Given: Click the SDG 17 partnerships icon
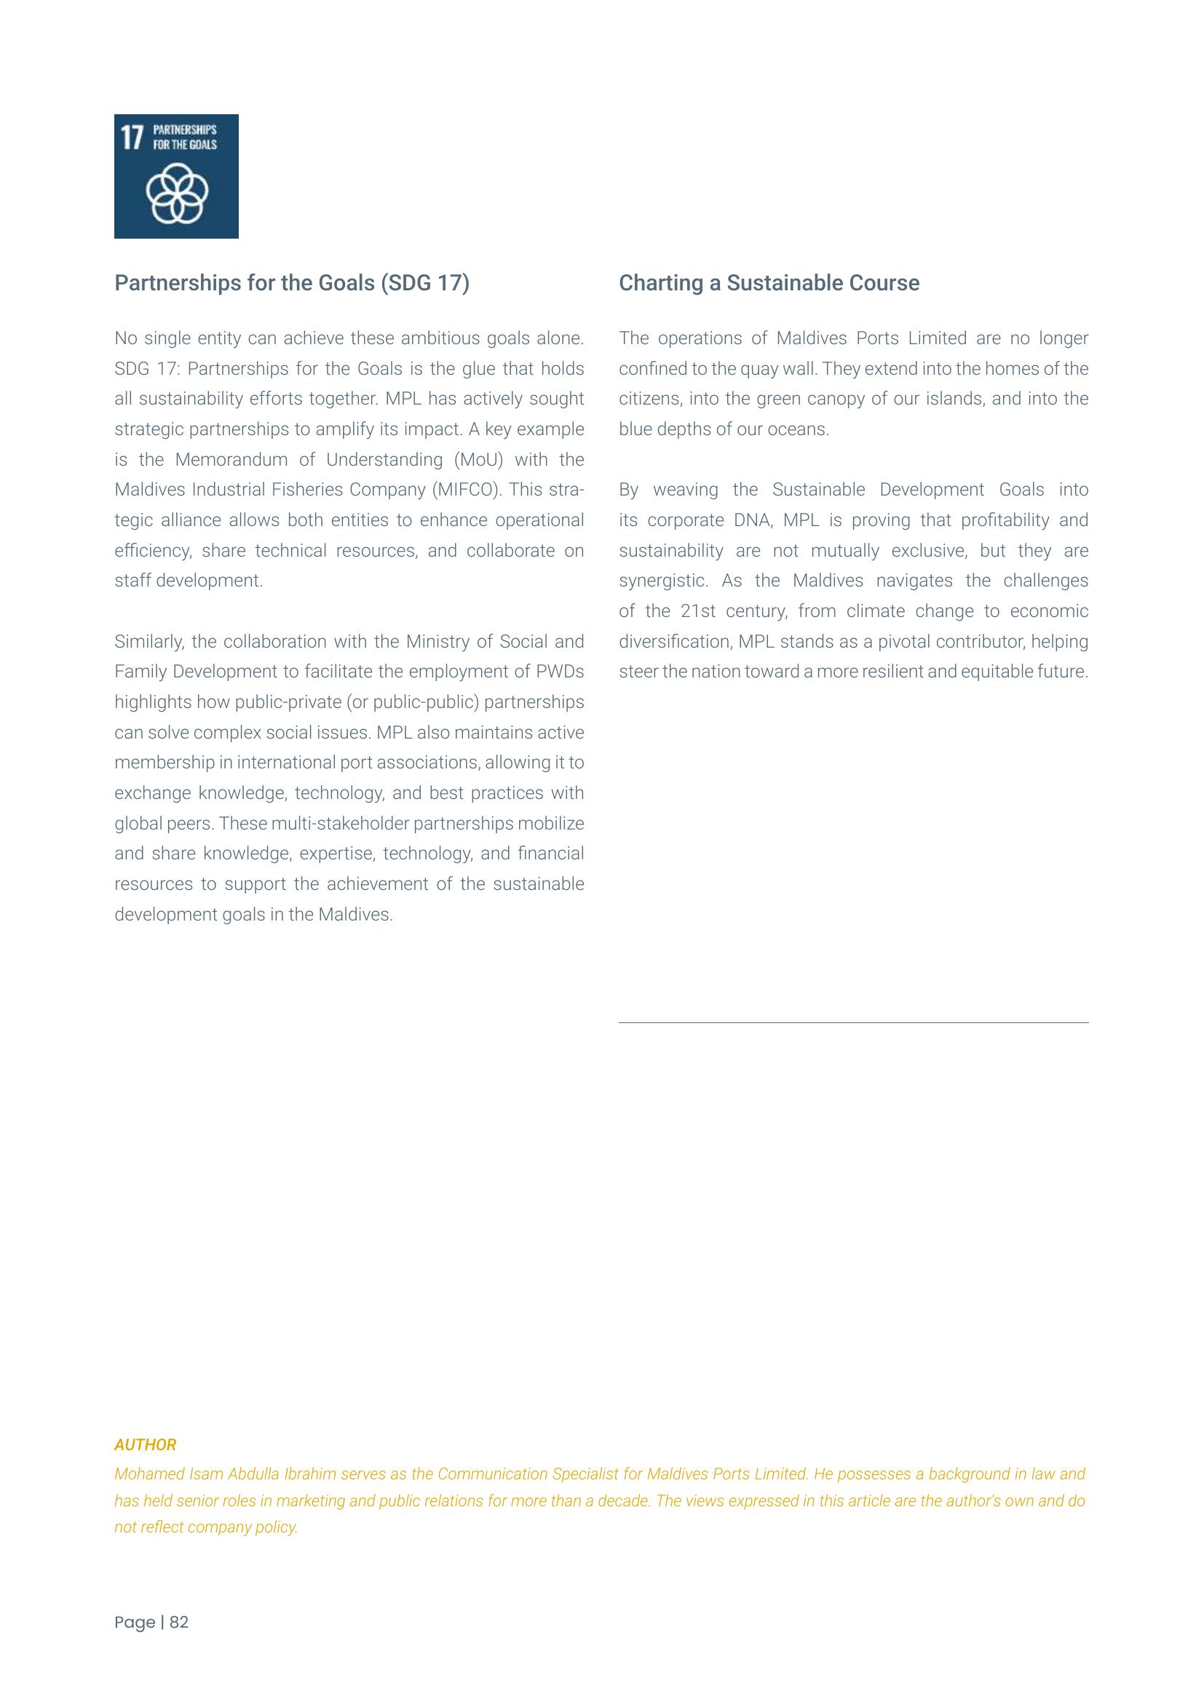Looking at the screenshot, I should point(175,175).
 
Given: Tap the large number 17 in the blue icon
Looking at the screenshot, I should point(131,137).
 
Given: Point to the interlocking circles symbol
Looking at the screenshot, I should point(176,194).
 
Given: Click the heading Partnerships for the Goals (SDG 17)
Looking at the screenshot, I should point(291,283).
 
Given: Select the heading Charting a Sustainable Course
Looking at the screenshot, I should point(769,283).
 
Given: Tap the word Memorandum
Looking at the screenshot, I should point(231,460).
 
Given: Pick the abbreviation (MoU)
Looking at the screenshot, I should point(478,460).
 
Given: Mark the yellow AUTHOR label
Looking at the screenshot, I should point(146,1445).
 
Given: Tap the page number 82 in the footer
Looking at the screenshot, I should point(178,1623).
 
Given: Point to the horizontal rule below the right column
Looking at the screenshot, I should point(853,1023).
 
